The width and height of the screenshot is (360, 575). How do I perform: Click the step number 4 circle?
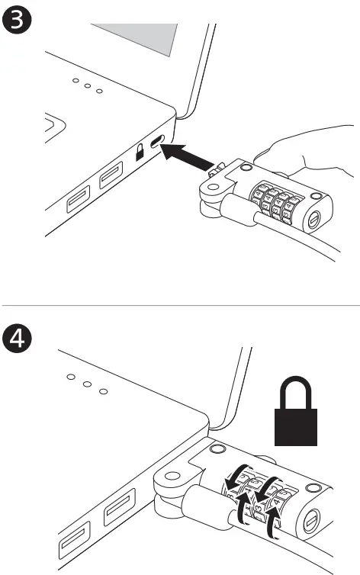click(x=18, y=337)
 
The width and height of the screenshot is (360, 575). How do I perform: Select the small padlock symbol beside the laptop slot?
click(x=140, y=153)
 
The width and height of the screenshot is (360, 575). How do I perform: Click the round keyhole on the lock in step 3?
click(x=314, y=220)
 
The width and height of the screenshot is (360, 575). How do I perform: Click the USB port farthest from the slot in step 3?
click(x=79, y=201)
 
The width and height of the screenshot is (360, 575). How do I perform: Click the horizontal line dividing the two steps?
click(x=180, y=305)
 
